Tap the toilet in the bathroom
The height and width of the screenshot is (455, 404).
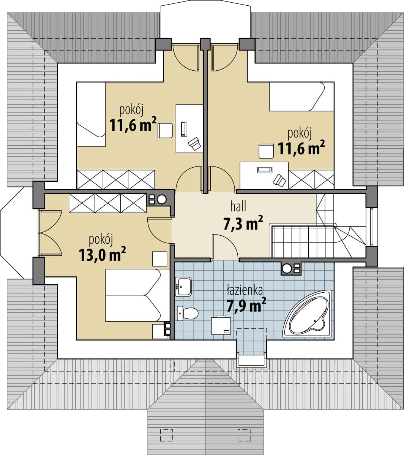coord(188,313)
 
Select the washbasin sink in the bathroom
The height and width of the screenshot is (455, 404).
coord(183,287)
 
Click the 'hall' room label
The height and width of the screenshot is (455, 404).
coord(238,207)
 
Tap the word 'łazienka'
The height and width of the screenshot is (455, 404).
coord(245,290)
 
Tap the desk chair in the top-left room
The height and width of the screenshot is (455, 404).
coord(165,131)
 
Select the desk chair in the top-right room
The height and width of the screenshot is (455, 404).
coord(266,151)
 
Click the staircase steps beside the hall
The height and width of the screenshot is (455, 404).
coord(303,242)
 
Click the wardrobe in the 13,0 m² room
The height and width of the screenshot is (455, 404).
coord(107,203)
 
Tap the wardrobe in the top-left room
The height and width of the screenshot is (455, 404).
coord(116,180)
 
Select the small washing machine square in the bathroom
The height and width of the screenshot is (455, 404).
coord(221,326)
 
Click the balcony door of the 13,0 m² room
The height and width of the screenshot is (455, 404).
coord(50,233)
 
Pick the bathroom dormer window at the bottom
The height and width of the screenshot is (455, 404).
coord(251,360)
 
